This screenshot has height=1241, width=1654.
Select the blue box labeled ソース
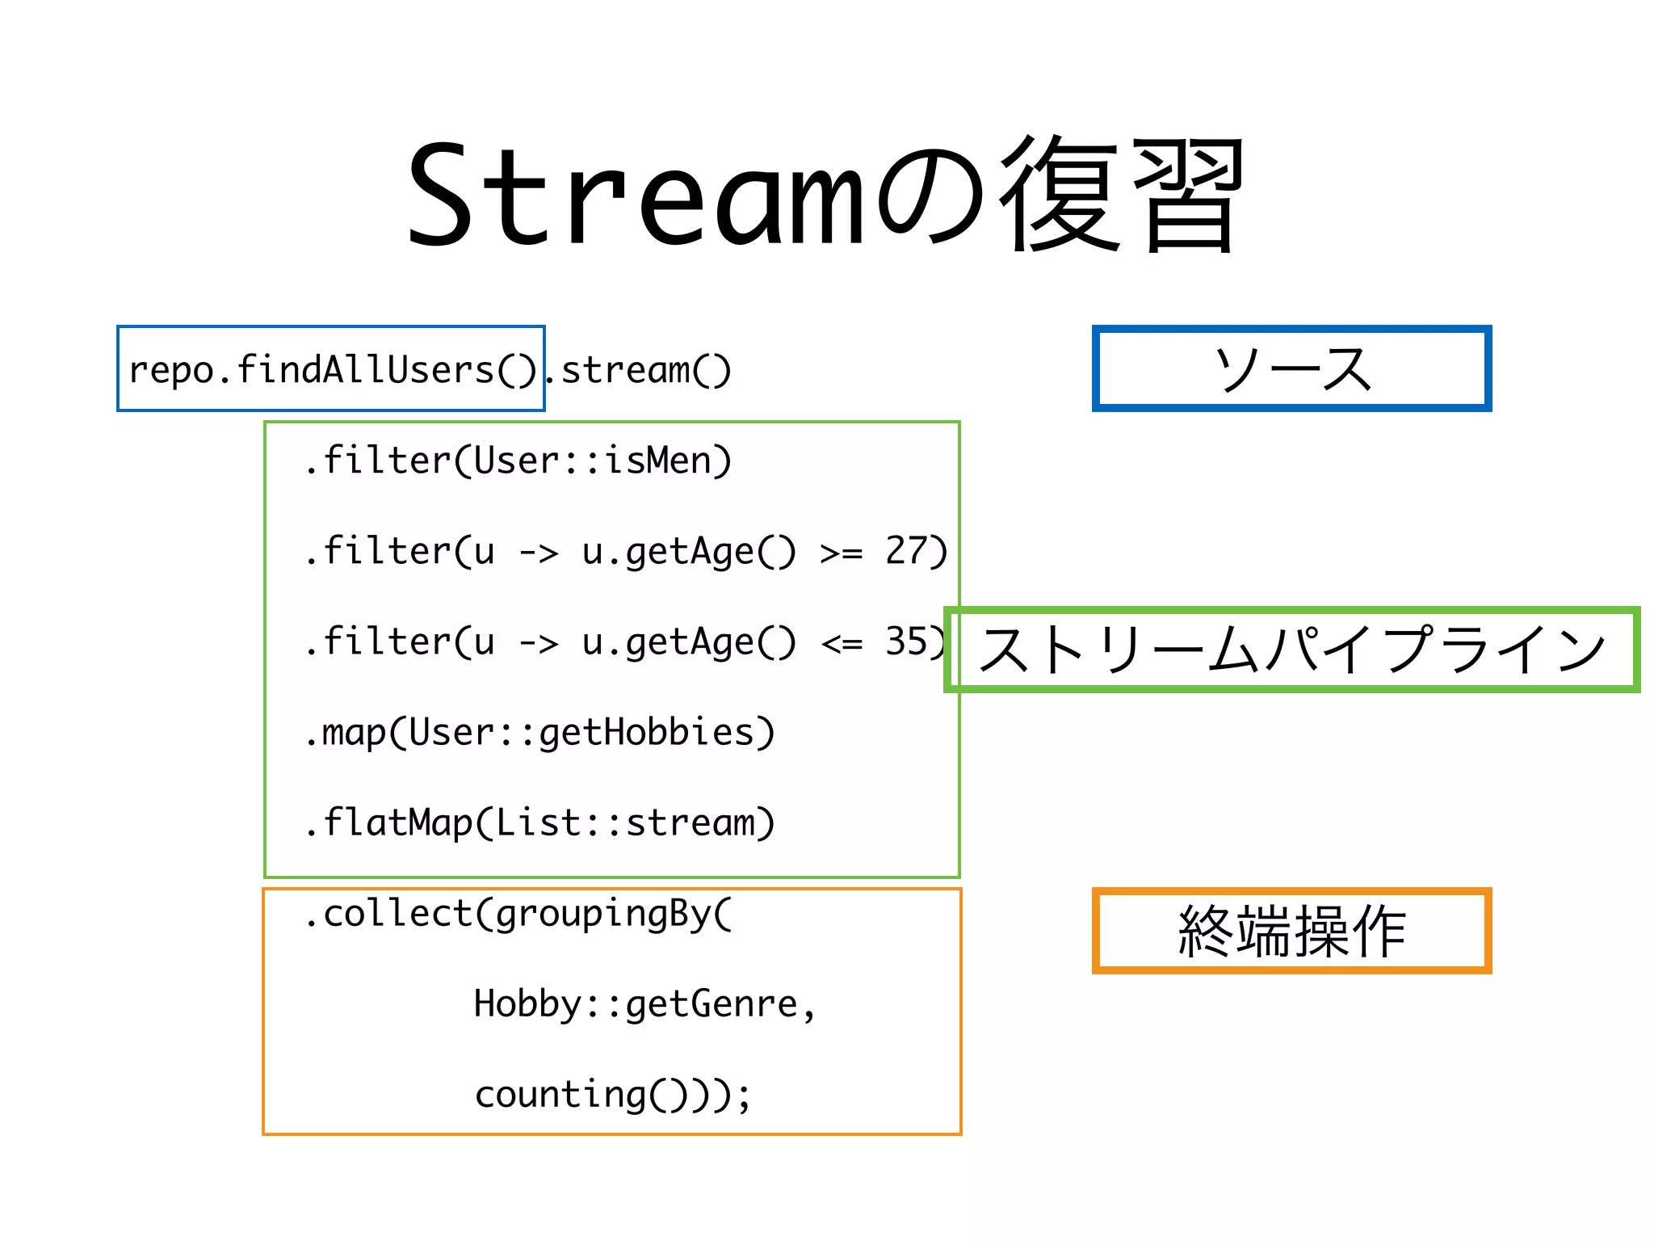1291,368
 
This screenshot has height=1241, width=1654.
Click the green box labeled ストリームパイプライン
1291,649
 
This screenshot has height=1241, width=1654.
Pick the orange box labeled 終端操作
1291,931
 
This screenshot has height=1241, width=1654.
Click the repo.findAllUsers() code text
331,370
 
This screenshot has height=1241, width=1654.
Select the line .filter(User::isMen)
517,461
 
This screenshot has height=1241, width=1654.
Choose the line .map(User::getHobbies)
539,733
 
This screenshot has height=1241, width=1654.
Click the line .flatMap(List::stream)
539,823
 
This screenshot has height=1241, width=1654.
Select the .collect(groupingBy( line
517,914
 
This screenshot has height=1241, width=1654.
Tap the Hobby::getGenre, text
644,1004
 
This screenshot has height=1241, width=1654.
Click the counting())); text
612,1095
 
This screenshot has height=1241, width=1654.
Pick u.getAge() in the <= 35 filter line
688,642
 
